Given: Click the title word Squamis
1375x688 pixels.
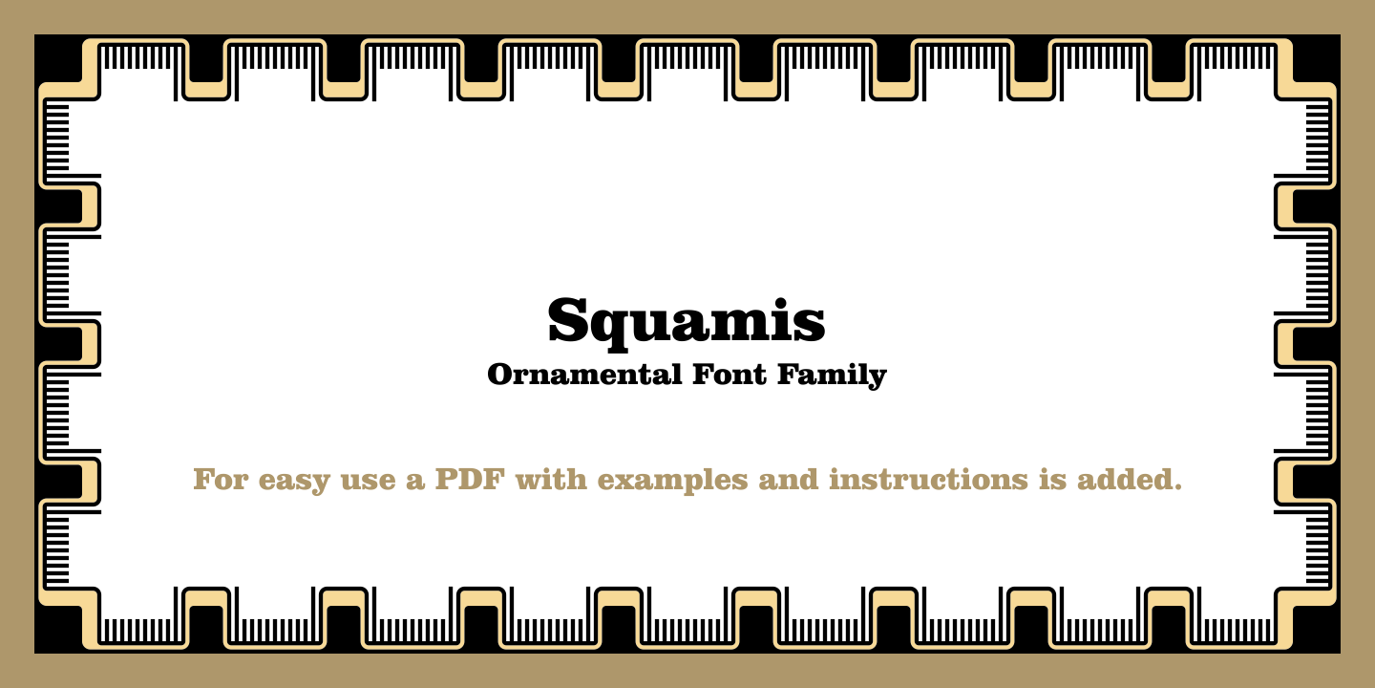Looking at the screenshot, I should (x=687, y=321).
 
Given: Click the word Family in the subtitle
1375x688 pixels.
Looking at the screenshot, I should (x=832, y=376).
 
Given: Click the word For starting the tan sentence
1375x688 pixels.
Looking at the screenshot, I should (x=222, y=479).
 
